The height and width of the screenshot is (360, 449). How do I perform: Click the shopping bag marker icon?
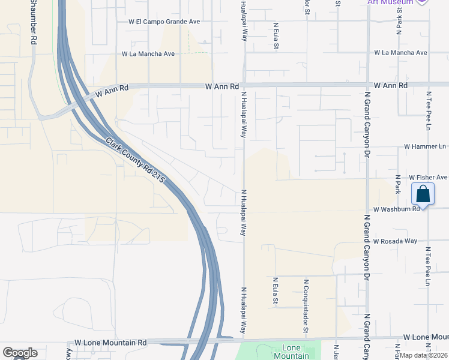coord(423,194)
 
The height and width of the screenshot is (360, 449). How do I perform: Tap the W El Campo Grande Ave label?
coord(164,21)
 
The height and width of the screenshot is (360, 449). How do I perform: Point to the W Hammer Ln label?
coord(425,146)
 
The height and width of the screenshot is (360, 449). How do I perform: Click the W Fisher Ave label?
coord(428,178)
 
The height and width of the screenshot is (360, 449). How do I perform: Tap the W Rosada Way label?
coord(394,241)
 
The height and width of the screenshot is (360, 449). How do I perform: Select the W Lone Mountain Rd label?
coord(110,343)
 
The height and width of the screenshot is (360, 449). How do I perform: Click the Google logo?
coord(20,353)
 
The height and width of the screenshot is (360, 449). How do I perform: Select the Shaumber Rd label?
coord(34,21)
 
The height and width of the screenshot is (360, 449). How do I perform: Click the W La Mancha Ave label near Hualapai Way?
coord(148,53)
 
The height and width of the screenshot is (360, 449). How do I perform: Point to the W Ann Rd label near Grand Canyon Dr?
coord(391,86)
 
